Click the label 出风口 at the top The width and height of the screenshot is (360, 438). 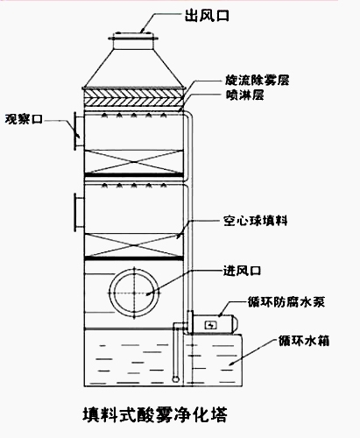pyautogui.click(x=207, y=15)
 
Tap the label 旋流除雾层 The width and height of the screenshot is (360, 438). pyautogui.click(x=258, y=81)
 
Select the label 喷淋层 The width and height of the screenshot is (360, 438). pyautogui.click(x=245, y=95)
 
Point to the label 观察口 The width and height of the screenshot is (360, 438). pyautogui.click(x=24, y=119)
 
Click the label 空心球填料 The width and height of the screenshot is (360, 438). pyautogui.click(x=256, y=221)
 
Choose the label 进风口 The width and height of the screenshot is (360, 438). pyautogui.click(x=242, y=271)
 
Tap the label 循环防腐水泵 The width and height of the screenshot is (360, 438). pyautogui.click(x=286, y=301)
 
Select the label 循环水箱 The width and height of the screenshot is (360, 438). pyautogui.click(x=304, y=341)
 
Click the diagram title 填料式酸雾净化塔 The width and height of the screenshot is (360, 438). pyautogui.click(x=155, y=414)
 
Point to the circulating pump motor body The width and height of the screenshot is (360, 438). pyautogui.click(x=216, y=324)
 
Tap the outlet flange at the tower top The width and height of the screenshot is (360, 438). pyautogui.click(x=134, y=39)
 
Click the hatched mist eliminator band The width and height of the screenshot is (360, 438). pyautogui.click(x=134, y=97)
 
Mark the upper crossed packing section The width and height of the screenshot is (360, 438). pyautogui.click(x=134, y=161)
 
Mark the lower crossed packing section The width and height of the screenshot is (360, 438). pyautogui.click(x=134, y=245)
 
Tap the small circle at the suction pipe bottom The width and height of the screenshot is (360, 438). pyautogui.click(x=175, y=379)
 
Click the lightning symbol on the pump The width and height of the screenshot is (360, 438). pyautogui.click(x=210, y=324)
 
